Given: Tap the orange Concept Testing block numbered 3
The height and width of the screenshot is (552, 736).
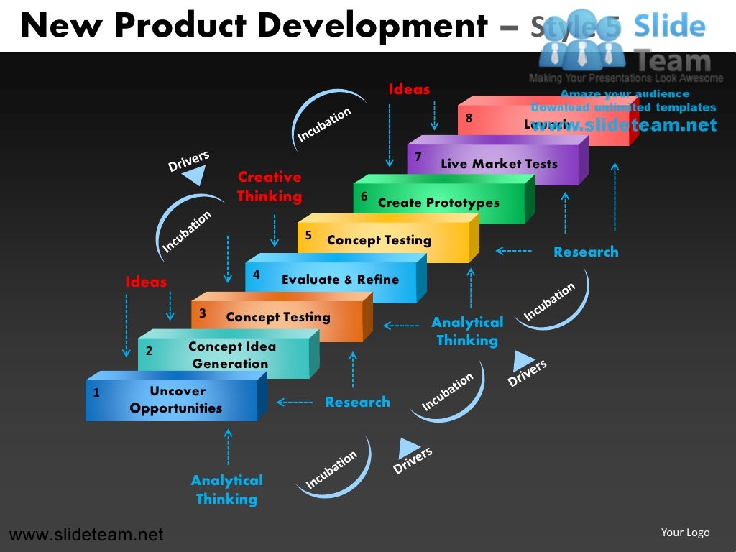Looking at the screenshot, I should click(x=277, y=317).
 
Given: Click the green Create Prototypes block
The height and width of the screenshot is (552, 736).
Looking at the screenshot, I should click(x=438, y=203).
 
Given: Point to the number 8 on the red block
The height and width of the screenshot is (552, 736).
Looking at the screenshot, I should click(x=469, y=119).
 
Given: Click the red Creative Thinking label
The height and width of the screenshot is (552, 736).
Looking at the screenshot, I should click(x=270, y=186).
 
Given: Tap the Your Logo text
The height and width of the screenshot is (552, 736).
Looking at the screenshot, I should click(x=685, y=533).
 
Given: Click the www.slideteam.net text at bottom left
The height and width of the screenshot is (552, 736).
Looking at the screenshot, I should click(x=86, y=535).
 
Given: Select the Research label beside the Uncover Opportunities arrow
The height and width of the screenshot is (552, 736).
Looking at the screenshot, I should click(x=357, y=402).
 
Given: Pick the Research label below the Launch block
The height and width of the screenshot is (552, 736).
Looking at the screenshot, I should click(x=585, y=252).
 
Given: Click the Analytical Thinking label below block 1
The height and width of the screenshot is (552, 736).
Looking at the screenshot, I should click(x=226, y=489).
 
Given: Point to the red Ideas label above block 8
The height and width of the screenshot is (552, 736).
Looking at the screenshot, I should click(x=409, y=90).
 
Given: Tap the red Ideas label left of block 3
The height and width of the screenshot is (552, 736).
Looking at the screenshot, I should click(x=146, y=282).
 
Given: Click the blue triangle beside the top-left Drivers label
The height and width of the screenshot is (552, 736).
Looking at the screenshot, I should click(x=195, y=175).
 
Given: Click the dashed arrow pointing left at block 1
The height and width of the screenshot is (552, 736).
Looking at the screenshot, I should click(x=295, y=402).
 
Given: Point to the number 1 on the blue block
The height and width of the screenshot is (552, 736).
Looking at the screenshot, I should click(x=96, y=393).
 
